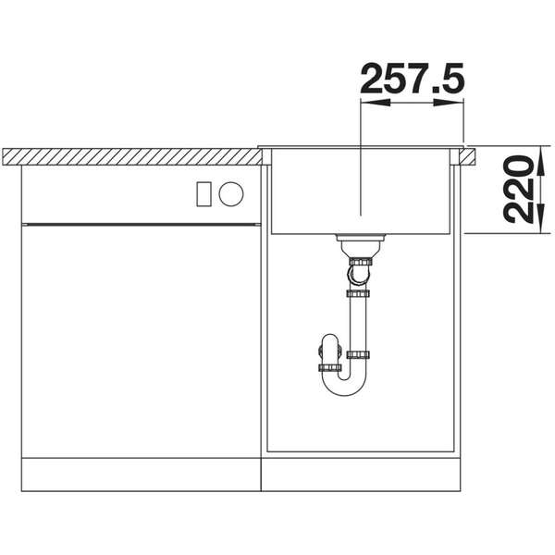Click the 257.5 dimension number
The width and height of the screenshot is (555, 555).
pos(412,79)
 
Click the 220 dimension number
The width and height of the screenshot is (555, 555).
pos(518,189)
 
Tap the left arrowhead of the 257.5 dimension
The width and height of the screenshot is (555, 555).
pos(376,103)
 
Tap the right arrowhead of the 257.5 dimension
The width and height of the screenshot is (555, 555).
pos(449,103)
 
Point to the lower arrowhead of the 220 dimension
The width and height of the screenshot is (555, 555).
pos(541,218)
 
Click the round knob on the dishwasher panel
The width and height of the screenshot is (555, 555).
pos(231,193)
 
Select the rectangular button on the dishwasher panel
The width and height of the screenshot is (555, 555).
pos(203,194)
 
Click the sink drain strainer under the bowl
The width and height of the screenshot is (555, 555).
pos(360,238)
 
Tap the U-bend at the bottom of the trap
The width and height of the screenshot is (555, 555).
pos(344,385)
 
